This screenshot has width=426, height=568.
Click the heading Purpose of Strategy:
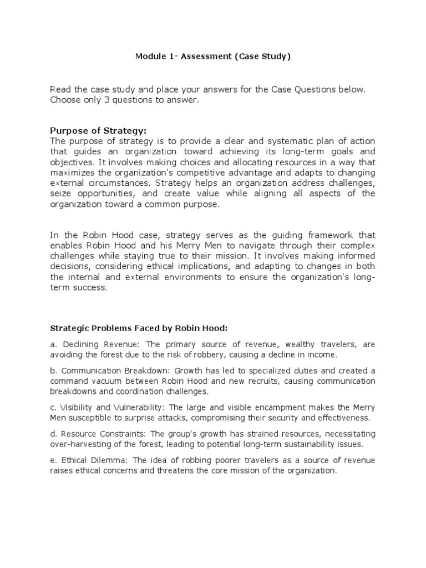coord(98,131)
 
